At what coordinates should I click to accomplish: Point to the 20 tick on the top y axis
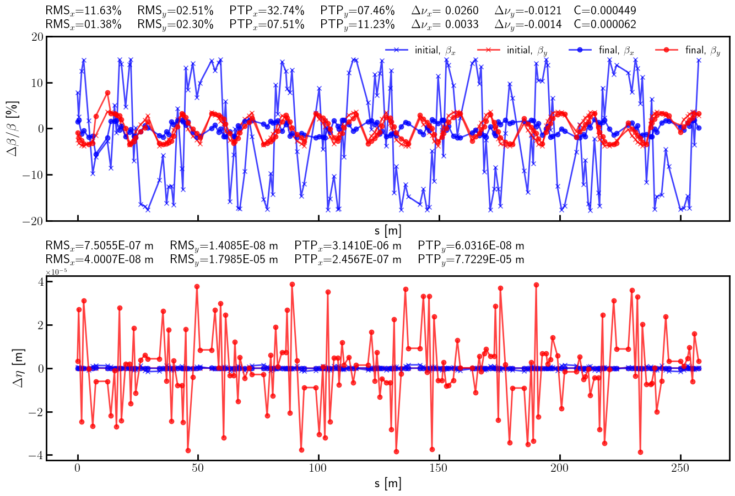pos(37,37)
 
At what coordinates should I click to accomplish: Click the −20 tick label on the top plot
pos(34,221)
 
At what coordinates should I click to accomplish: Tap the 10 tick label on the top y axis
pos(37,83)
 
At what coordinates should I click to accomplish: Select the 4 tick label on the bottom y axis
pos(41,282)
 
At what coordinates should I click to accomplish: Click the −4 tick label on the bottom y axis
pos(37,456)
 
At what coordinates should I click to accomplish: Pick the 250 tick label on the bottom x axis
pos(680,469)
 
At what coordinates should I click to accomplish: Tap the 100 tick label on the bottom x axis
pos(318,469)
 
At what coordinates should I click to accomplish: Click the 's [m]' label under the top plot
pos(388,231)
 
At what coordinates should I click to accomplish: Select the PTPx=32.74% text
pos(267,10)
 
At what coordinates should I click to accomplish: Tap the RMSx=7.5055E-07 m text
pos(99,246)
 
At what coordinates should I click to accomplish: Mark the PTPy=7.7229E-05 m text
pos(471,259)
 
